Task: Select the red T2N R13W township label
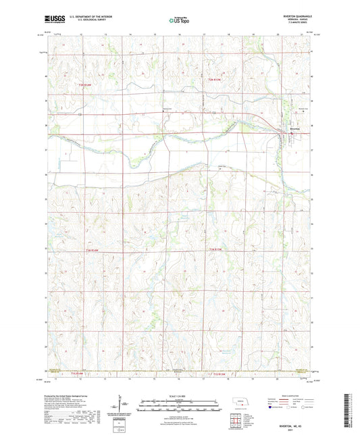pyautogui.click(x=215, y=82)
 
